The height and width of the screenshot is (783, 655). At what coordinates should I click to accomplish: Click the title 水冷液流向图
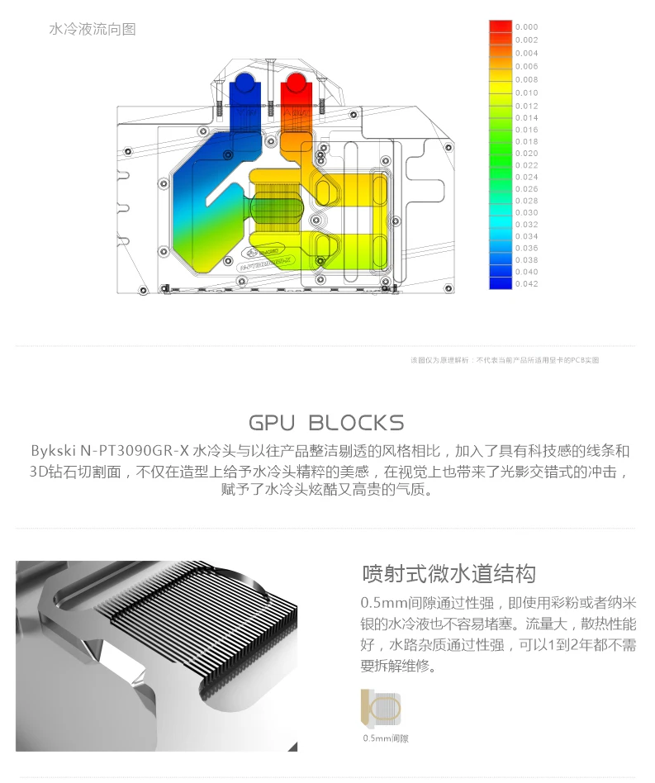[x=93, y=30]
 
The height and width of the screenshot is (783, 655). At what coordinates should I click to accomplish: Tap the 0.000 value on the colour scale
[x=526, y=27]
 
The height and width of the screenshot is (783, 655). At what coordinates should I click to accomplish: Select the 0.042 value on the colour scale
[x=526, y=283]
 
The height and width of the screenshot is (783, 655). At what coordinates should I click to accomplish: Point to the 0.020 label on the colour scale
[x=526, y=154]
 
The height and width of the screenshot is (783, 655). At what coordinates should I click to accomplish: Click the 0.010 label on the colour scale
[x=526, y=93]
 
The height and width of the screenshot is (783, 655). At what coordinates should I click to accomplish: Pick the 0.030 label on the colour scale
[x=526, y=212]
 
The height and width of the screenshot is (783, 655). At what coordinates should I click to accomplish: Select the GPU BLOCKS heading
[x=326, y=424]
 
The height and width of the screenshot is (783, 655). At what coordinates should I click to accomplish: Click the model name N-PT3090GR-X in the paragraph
[x=135, y=451]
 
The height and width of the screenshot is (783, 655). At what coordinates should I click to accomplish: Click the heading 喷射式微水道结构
[x=449, y=575]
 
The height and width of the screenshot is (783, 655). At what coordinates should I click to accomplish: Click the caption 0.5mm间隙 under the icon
[x=386, y=738]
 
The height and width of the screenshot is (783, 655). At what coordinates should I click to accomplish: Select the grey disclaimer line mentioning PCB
[x=505, y=360]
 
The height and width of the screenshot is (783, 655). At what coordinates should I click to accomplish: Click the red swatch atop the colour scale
[x=501, y=27]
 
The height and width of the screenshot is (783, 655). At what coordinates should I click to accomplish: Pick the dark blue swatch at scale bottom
[x=501, y=283]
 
